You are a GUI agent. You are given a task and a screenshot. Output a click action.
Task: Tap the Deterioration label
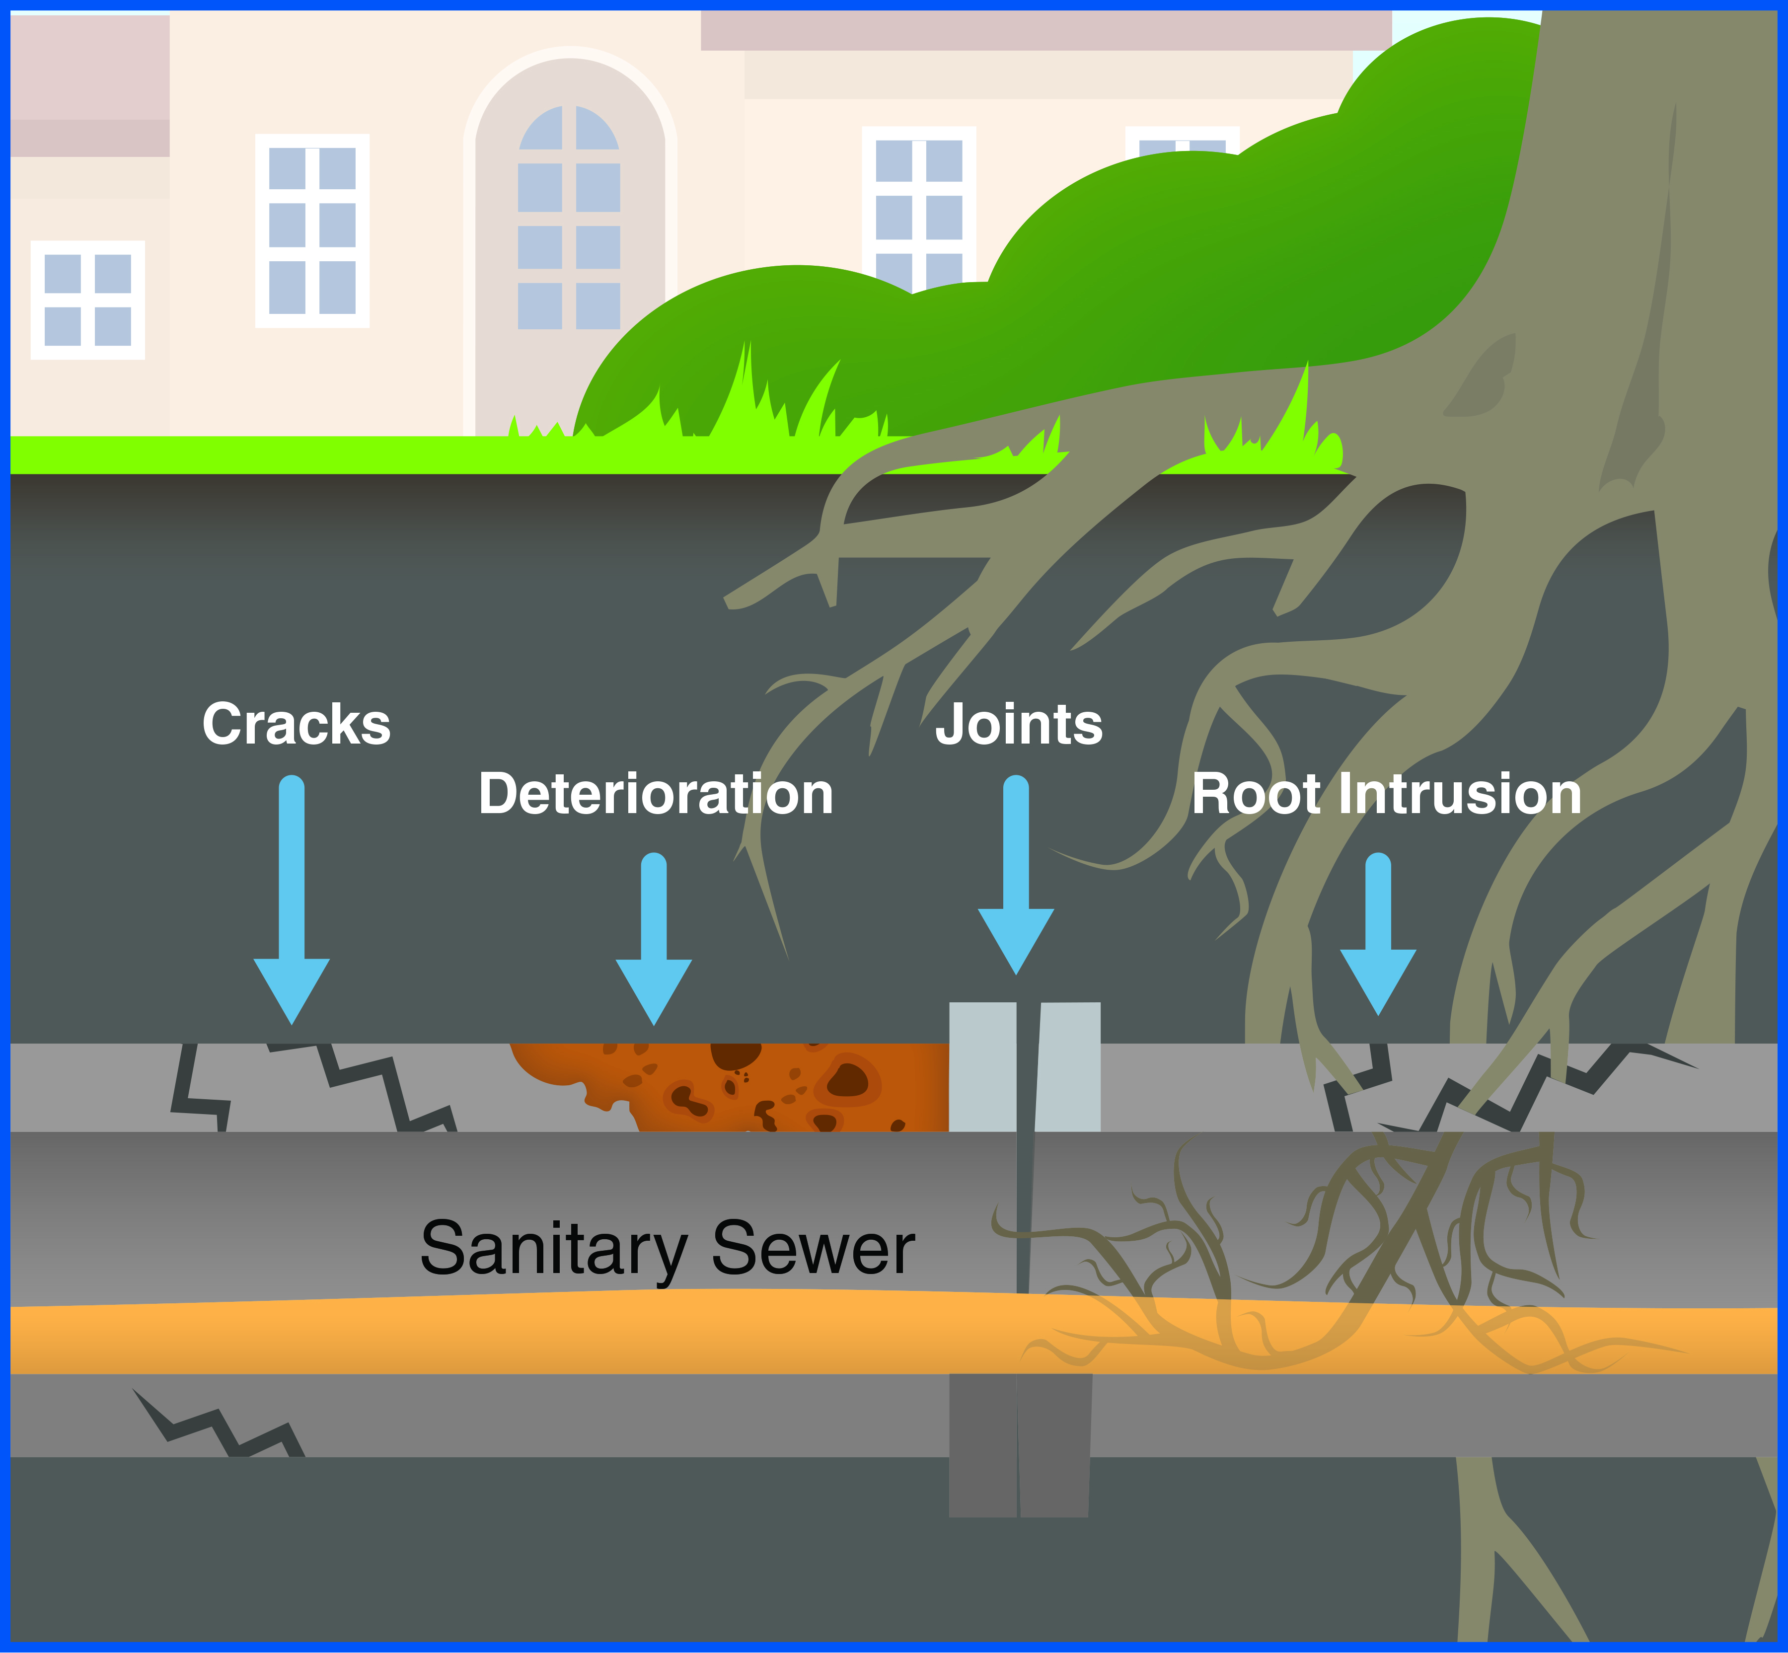tap(656, 794)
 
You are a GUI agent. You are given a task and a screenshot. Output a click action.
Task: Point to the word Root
tap(1255, 794)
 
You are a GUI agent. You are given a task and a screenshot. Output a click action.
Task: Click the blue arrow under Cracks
tap(292, 903)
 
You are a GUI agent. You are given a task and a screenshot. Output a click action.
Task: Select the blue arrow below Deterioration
tap(654, 939)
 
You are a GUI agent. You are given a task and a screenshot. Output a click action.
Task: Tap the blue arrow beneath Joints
tap(1016, 877)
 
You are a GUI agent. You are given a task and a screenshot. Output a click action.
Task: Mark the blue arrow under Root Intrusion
tap(1378, 935)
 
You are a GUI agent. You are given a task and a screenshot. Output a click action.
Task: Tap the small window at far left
tap(87, 300)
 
